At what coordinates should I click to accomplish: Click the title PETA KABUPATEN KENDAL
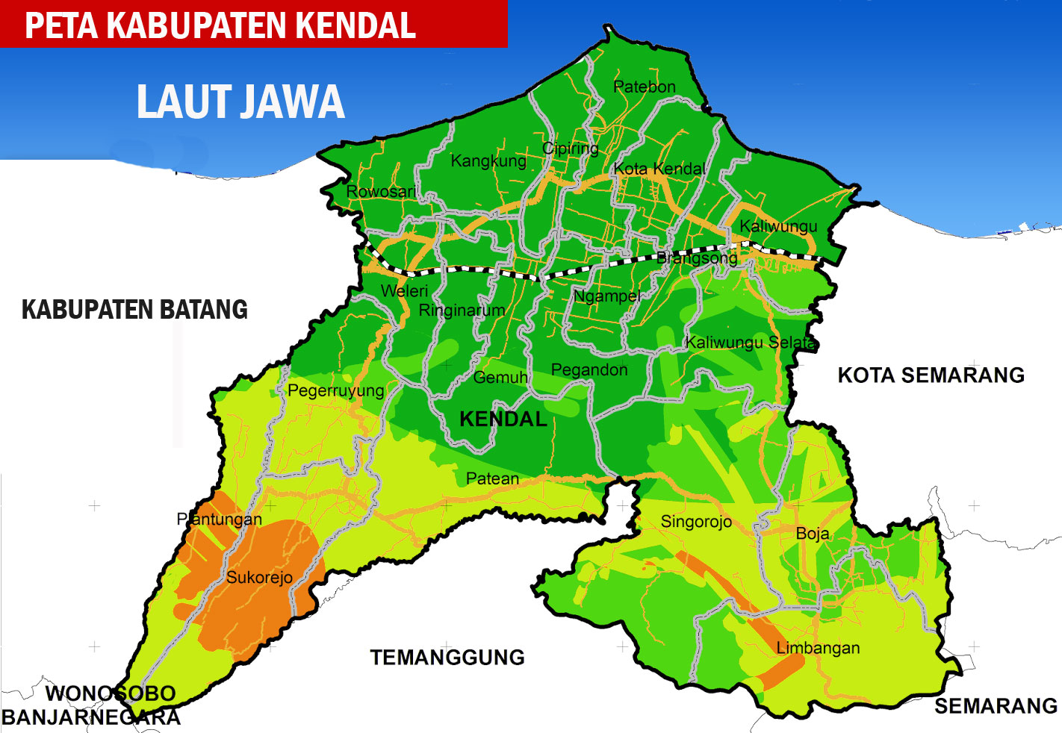coord(220,25)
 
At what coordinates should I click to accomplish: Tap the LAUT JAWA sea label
coord(240,102)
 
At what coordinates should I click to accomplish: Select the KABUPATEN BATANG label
coord(134,310)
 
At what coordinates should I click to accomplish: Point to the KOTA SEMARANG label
coord(931,375)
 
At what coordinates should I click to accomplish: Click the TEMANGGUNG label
coord(447,658)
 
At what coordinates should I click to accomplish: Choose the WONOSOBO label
coord(111,693)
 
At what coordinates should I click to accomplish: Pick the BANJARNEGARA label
coord(91,718)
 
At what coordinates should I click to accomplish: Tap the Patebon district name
coord(644,87)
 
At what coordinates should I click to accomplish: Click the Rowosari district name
coord(381,192)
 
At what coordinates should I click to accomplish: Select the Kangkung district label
coord(488,160)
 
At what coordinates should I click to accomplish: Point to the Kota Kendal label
coord(659,169)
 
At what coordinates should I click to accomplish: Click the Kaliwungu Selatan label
coord(751,343)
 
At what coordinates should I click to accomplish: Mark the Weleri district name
coord(404,291)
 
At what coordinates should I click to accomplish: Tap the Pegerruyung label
coord(335,390)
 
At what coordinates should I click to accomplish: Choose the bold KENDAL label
coord(503,419)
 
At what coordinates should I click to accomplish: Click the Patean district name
coord(492,478)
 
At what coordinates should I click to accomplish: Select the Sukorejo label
coord(259,577)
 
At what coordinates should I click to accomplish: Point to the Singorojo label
coord(696,522)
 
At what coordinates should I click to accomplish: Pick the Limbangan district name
coord(818,648)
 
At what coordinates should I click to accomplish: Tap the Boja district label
coord(813,534)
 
